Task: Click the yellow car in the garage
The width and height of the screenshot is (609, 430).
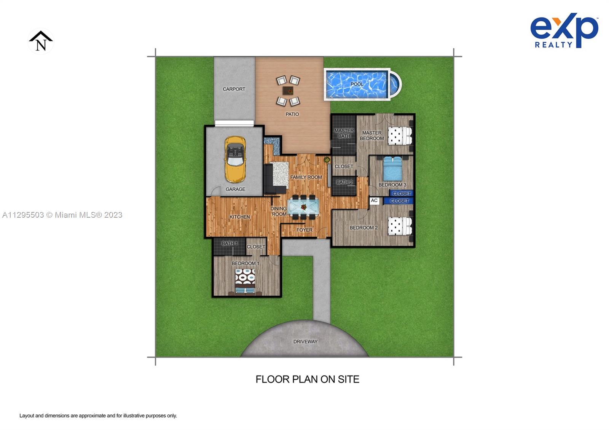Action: click(235, 159)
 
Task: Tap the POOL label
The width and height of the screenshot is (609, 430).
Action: click(357, 84)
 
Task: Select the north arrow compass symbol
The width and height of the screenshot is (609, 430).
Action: click(41, 41)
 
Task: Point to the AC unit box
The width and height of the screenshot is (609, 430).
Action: click(374, 201)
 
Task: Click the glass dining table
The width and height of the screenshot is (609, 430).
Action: click(303, 207)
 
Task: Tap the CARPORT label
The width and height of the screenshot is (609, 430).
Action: click(234, 89)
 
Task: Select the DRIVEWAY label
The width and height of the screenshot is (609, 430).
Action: click(305, 341)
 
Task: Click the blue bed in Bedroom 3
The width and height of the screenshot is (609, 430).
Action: click(392, 169)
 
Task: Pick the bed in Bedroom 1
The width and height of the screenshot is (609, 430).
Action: click(245, 282)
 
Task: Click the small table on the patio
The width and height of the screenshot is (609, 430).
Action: click(288, 91)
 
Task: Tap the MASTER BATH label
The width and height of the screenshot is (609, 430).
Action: click(344, 133)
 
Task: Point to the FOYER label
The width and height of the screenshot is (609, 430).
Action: click(304, 230)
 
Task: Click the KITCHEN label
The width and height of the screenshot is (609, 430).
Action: click(239, 217)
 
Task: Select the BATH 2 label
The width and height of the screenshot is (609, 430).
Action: click(344, 182)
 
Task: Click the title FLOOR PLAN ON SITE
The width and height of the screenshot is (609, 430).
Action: click(308, 379)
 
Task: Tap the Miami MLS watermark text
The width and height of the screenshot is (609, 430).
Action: click(62, 215)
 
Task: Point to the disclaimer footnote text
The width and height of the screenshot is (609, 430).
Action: click(98, 416)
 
